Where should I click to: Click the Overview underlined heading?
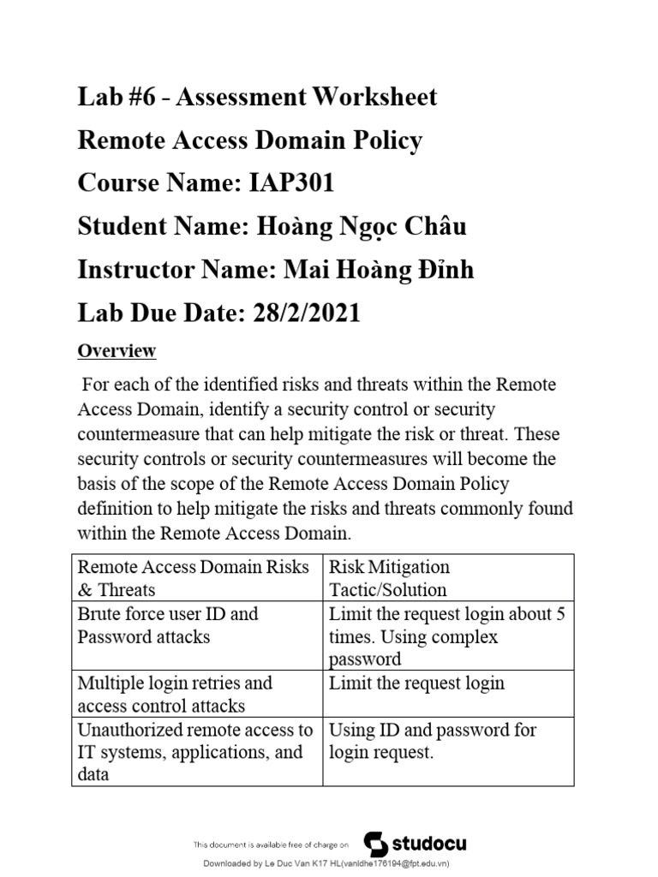tap(117, 351)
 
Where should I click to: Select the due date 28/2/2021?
tap(307, 313)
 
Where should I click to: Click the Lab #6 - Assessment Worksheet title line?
tap(257, 96)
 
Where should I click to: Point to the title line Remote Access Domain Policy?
tap(250, 140)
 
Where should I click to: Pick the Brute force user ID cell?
tap(168, 625)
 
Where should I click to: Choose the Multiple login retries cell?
tap(175, 694)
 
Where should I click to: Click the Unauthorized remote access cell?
tap(195, 752)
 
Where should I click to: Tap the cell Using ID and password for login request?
tap(433, 741)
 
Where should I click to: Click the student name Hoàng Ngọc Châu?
tap(358, 227)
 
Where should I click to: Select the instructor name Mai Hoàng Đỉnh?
tap(373, 271)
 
